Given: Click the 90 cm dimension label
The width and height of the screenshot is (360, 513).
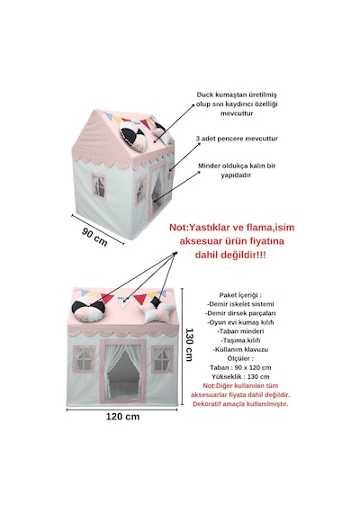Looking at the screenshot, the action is (x=94, y=237).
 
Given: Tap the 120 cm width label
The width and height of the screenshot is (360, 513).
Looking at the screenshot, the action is (x=122, y=417).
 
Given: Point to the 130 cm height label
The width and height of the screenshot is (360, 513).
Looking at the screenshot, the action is (x=190, y=345).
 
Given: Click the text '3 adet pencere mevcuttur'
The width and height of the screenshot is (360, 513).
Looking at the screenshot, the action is (x=237, y=139).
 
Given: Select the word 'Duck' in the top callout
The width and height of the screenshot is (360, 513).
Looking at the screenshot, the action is (x=205, y=94).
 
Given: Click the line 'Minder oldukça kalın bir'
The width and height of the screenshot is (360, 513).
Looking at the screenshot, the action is (x=237, y=166).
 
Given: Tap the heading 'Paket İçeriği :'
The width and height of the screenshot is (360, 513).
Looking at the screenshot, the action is (x=240, y=295).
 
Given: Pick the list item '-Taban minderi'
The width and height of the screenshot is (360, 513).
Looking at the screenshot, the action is (x=240, y=331).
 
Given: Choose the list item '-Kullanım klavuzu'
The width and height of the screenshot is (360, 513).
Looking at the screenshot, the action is (x=240, y=349).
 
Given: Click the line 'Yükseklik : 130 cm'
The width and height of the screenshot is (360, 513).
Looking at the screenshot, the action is (x=240, y=376).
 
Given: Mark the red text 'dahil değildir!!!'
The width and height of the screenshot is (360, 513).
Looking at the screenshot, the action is (x=230, y=255).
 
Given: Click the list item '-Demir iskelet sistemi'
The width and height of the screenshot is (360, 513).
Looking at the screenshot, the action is (x=240, y=304).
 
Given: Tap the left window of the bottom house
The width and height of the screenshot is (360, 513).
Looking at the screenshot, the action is (x=84, y=358).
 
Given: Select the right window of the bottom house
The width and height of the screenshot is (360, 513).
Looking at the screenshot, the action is (x=162, y=360).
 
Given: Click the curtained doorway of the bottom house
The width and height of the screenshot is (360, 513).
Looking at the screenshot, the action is (x=123, y=371).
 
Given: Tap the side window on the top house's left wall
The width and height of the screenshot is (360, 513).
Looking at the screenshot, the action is (x=99, y=186).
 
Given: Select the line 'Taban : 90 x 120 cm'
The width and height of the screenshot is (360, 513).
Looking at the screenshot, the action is (x=240, y=367).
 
